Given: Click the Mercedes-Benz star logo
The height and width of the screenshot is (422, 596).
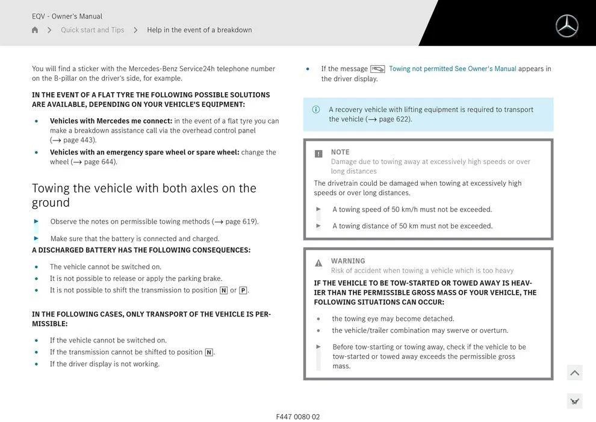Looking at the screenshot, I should tap(567, 26).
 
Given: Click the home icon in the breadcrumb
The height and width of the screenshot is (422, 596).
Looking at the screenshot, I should tap(35, 30).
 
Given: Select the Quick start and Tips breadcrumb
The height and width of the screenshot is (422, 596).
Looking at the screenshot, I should tap(92, 30).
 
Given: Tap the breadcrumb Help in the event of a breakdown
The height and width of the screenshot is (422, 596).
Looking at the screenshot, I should tap(199, 30).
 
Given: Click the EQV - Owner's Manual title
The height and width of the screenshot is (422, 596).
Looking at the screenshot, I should tap(67, 16).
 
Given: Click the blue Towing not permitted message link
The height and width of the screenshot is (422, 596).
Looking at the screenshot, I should tap(452, 69).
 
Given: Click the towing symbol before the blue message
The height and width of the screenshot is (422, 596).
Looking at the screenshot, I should tap(377, 69).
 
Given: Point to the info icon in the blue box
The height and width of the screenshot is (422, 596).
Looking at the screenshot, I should tap(316, 109).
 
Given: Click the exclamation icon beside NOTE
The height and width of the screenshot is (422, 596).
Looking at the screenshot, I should tap(318, 154).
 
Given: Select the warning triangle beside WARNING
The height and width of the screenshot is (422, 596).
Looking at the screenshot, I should tap(318, 263).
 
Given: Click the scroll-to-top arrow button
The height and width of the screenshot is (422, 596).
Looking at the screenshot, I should tap(574, 373).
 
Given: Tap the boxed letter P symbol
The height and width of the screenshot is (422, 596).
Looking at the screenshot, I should tap(243, 291).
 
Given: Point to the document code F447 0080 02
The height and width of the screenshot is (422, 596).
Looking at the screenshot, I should tap(298, 417).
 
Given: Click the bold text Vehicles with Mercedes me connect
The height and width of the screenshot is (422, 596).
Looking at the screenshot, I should tap(111, 121).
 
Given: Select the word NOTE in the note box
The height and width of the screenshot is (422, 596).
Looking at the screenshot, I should tap(340, 152).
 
